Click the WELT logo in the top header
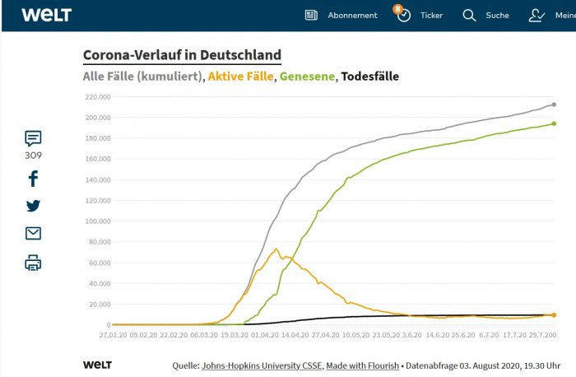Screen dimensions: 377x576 pyautogui.click(x=46, y=15)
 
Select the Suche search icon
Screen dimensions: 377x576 pyautogui.click(x=469, y=15)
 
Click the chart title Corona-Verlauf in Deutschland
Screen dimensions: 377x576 pyautogui.click(x=182, y=55)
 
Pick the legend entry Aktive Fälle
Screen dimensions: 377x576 pyautogui.click(x=241, y=77)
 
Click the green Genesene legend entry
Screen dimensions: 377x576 pyautogui.click(x=308, y=77)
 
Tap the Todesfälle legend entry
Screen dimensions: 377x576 pyautogui.click(x=370, y=77)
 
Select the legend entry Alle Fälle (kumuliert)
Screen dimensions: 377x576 pyautogui.click(x=143, y=77)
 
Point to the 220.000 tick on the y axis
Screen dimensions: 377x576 pyautogui.click(x=97, y=97)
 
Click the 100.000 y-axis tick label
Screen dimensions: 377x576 pyautogui.click(x=97, y=221)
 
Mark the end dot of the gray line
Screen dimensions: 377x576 pyautogui.click(x=554, y=105)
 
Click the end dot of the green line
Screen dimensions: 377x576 pyautogui.click(x=554, y=123)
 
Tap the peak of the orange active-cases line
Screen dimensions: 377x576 pyautogui.click(x=276, y=249)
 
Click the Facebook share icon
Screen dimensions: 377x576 pyautogui.click(x=33, y=179)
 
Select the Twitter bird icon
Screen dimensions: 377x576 pyautogui.click(x=33, y=206)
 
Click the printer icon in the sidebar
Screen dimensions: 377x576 pyautogui.click(x=33, y=263)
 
